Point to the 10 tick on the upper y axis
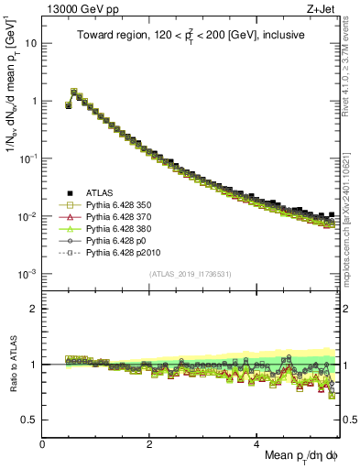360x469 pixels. coord(30,43)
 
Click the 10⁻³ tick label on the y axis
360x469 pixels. coord(27,274)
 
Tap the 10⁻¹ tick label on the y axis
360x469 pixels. coord(27,158)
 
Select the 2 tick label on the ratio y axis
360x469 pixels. coord(33,309)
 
